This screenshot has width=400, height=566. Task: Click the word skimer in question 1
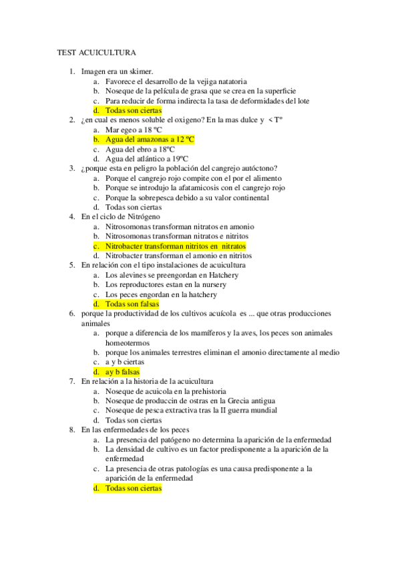point(141,71)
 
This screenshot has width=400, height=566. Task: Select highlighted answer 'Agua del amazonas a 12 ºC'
point(150,139)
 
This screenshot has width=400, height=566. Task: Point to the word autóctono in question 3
point(258,168)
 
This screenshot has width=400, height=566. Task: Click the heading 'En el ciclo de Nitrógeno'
point(120,217)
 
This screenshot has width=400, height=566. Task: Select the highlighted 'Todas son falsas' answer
point(132,304)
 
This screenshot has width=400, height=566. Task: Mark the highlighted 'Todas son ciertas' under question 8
point(134,489)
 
